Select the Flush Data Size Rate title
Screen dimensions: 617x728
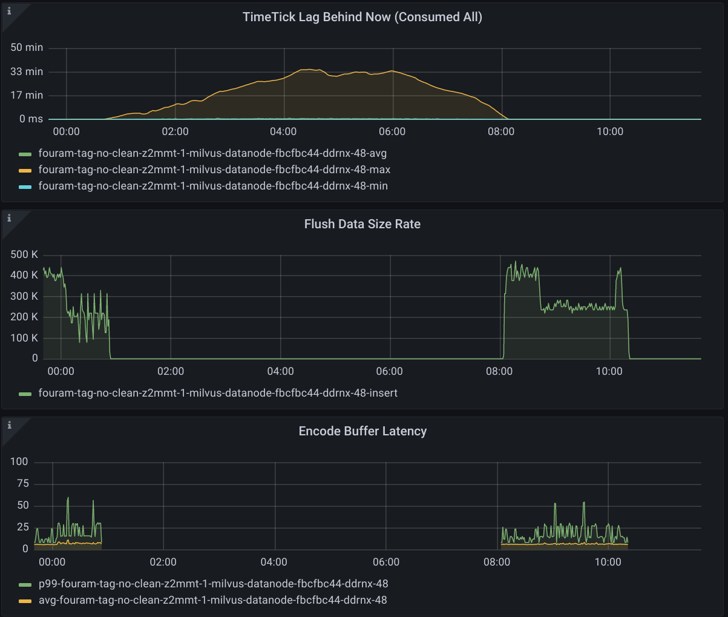click(362, 224)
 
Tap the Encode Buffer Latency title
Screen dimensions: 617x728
click(362, 431)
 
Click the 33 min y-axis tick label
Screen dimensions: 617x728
click(27, 71)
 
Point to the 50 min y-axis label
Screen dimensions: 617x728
click(27, 48)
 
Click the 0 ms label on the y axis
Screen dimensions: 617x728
click(31, 119)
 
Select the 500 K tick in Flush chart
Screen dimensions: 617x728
click(24, 254)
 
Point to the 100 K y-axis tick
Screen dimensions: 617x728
click(24, 338)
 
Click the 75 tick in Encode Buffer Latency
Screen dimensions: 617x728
click(22, 483)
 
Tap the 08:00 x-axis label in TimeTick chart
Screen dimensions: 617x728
click(500, 131)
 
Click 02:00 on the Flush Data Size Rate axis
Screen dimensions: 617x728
click(171, 371)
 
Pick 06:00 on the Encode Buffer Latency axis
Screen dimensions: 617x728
click(386, 562)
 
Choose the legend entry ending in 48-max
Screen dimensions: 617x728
click(214, 170)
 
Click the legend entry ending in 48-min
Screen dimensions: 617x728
click(213, 186)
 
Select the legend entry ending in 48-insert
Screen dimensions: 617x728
click(218, 393)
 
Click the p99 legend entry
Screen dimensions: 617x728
click(213, 584)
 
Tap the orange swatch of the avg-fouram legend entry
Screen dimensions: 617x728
click(25, 601)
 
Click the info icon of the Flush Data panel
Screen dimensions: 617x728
click(9, 218)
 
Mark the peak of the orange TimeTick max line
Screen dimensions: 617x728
click(310, 70)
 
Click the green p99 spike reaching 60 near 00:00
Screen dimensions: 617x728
click(68, 498)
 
